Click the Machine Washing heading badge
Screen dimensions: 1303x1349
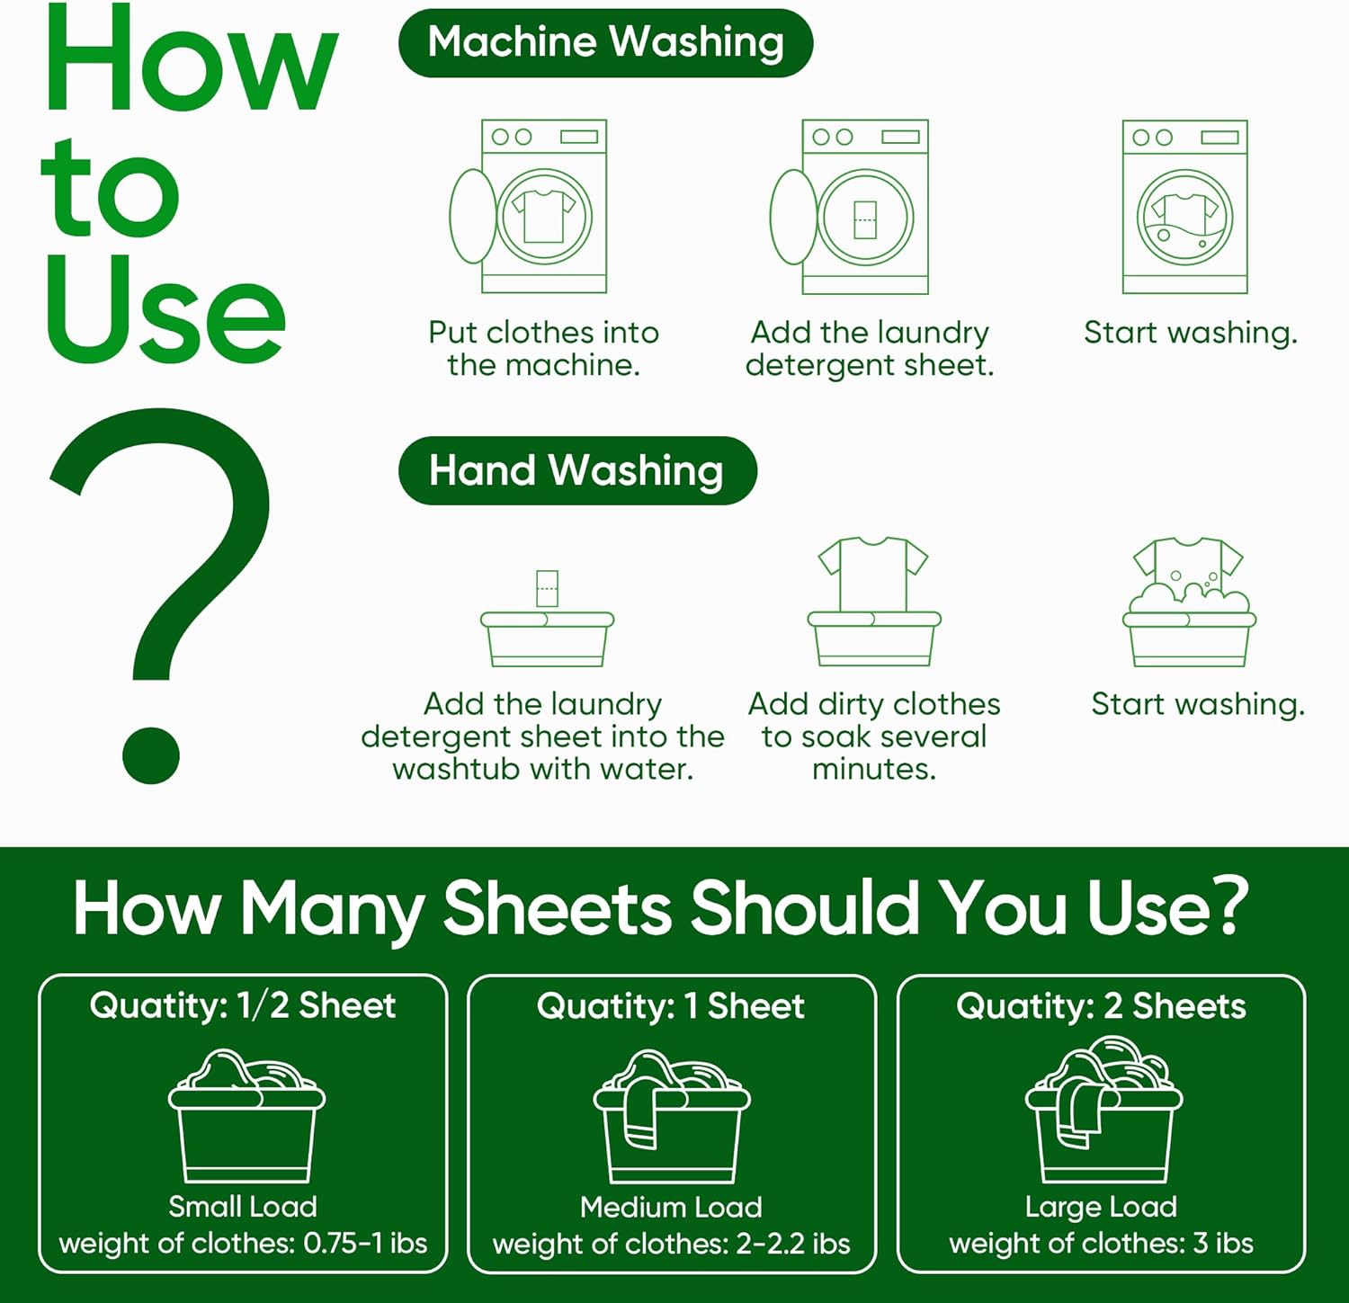pos(605,43)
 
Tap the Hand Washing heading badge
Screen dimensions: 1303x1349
pos(576,471)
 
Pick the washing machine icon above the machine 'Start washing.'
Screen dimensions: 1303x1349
pos(1184,207)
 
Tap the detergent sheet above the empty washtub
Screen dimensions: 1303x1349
pos(547,587)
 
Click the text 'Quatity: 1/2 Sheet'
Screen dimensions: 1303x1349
pos(243,1005)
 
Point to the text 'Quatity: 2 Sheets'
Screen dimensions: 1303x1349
pos(1101,1006)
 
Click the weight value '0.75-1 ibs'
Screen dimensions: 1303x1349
pos(365,1243)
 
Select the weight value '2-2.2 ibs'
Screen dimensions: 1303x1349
pos(793,1244)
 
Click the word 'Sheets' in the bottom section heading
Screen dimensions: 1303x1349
pos(558,908)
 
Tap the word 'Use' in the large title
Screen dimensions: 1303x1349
pos(166,310)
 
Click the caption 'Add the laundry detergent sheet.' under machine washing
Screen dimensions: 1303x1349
pos(870,349)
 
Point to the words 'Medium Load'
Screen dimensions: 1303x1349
pos(671,1207)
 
